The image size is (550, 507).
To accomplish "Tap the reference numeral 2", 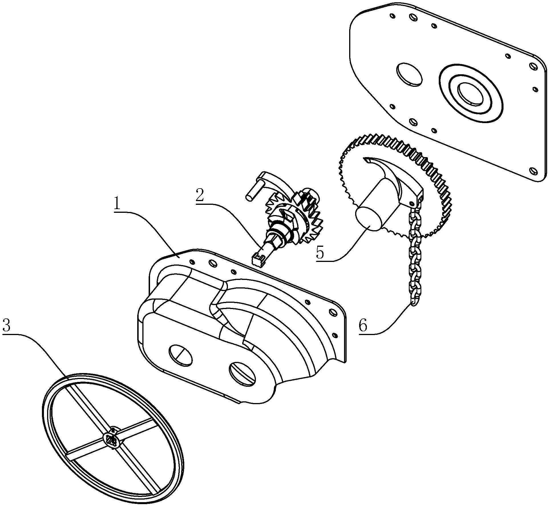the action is pyautogui.click(x=200, y=195).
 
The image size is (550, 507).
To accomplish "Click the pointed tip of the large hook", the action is pyautogui.click(x=365, y=160).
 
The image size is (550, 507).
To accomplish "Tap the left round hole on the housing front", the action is pyautogui.click(x=181, y=355).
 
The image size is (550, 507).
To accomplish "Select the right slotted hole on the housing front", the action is pyautogui.click(x=242, y=374).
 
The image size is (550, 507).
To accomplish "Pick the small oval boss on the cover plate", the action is pyautogui.click(x=409, y=74).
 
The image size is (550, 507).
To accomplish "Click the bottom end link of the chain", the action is pyautogui.click(x=414, y=300).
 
